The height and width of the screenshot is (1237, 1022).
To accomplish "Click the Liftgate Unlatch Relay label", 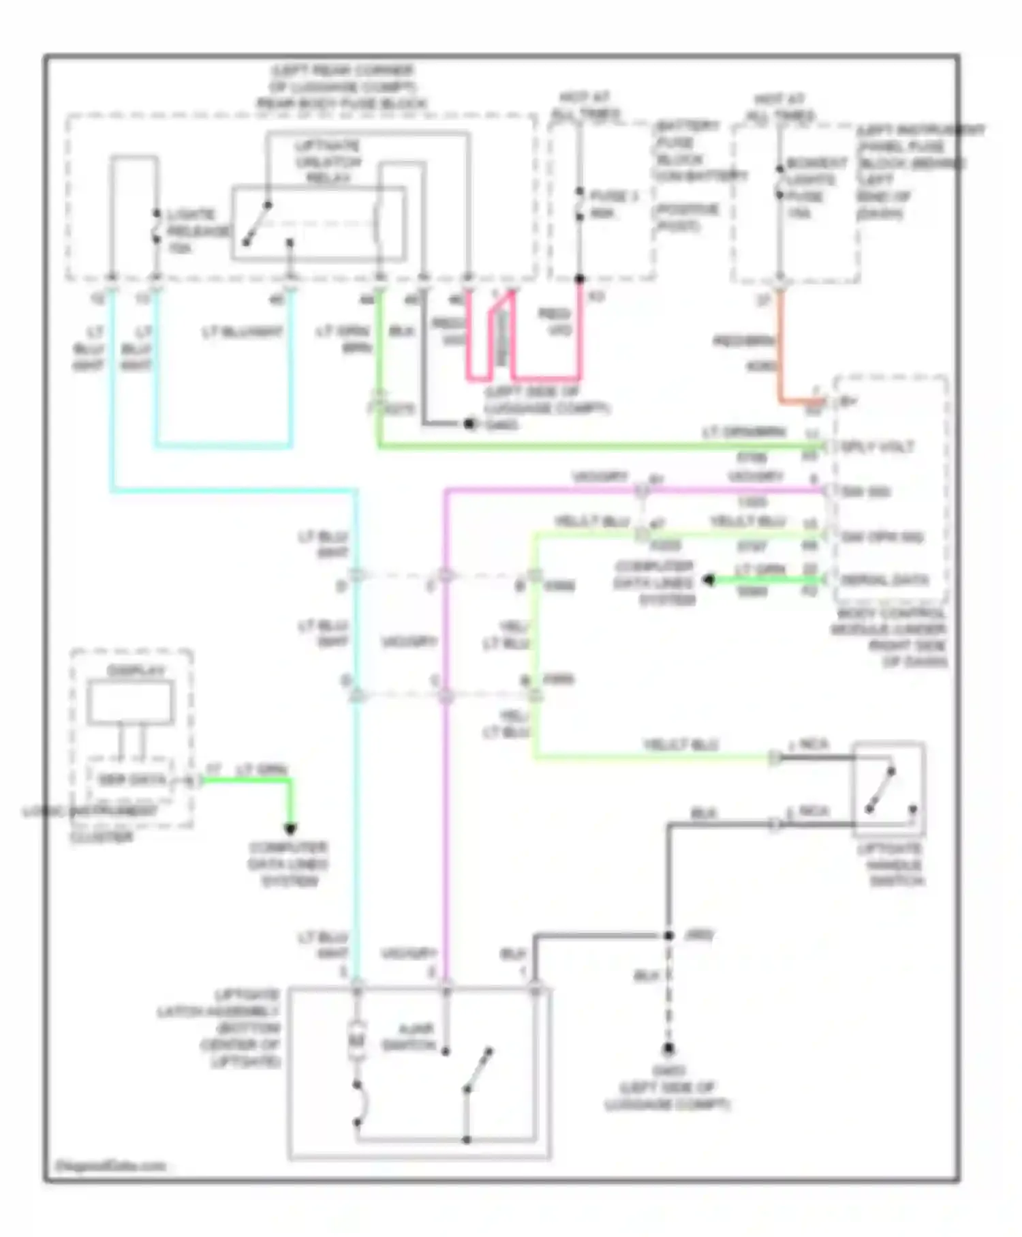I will (x=328, y=162).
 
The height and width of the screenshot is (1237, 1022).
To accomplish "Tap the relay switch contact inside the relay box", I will (x=258, y=223).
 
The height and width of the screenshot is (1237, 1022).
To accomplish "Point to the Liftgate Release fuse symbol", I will (x=156, y=226).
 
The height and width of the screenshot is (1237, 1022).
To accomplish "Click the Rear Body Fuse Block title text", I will (x=341, y=87).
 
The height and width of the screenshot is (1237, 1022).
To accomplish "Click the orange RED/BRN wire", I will (x=781, y=348).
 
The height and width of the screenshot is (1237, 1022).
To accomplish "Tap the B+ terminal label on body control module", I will (x=848, y=402).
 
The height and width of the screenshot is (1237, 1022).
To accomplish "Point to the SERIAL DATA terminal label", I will (x=884, y=580).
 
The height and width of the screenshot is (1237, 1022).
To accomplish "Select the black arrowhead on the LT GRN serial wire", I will (x=709, y=580).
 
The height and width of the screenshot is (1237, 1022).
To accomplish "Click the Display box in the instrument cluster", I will (x=130, y=702).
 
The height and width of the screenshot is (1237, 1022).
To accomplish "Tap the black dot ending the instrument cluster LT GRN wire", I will (x=290, y=829).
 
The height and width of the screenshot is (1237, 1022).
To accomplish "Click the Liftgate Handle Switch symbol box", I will (x=888, y=790).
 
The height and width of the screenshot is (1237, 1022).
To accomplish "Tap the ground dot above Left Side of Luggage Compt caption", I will (x=668, y=1049).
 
